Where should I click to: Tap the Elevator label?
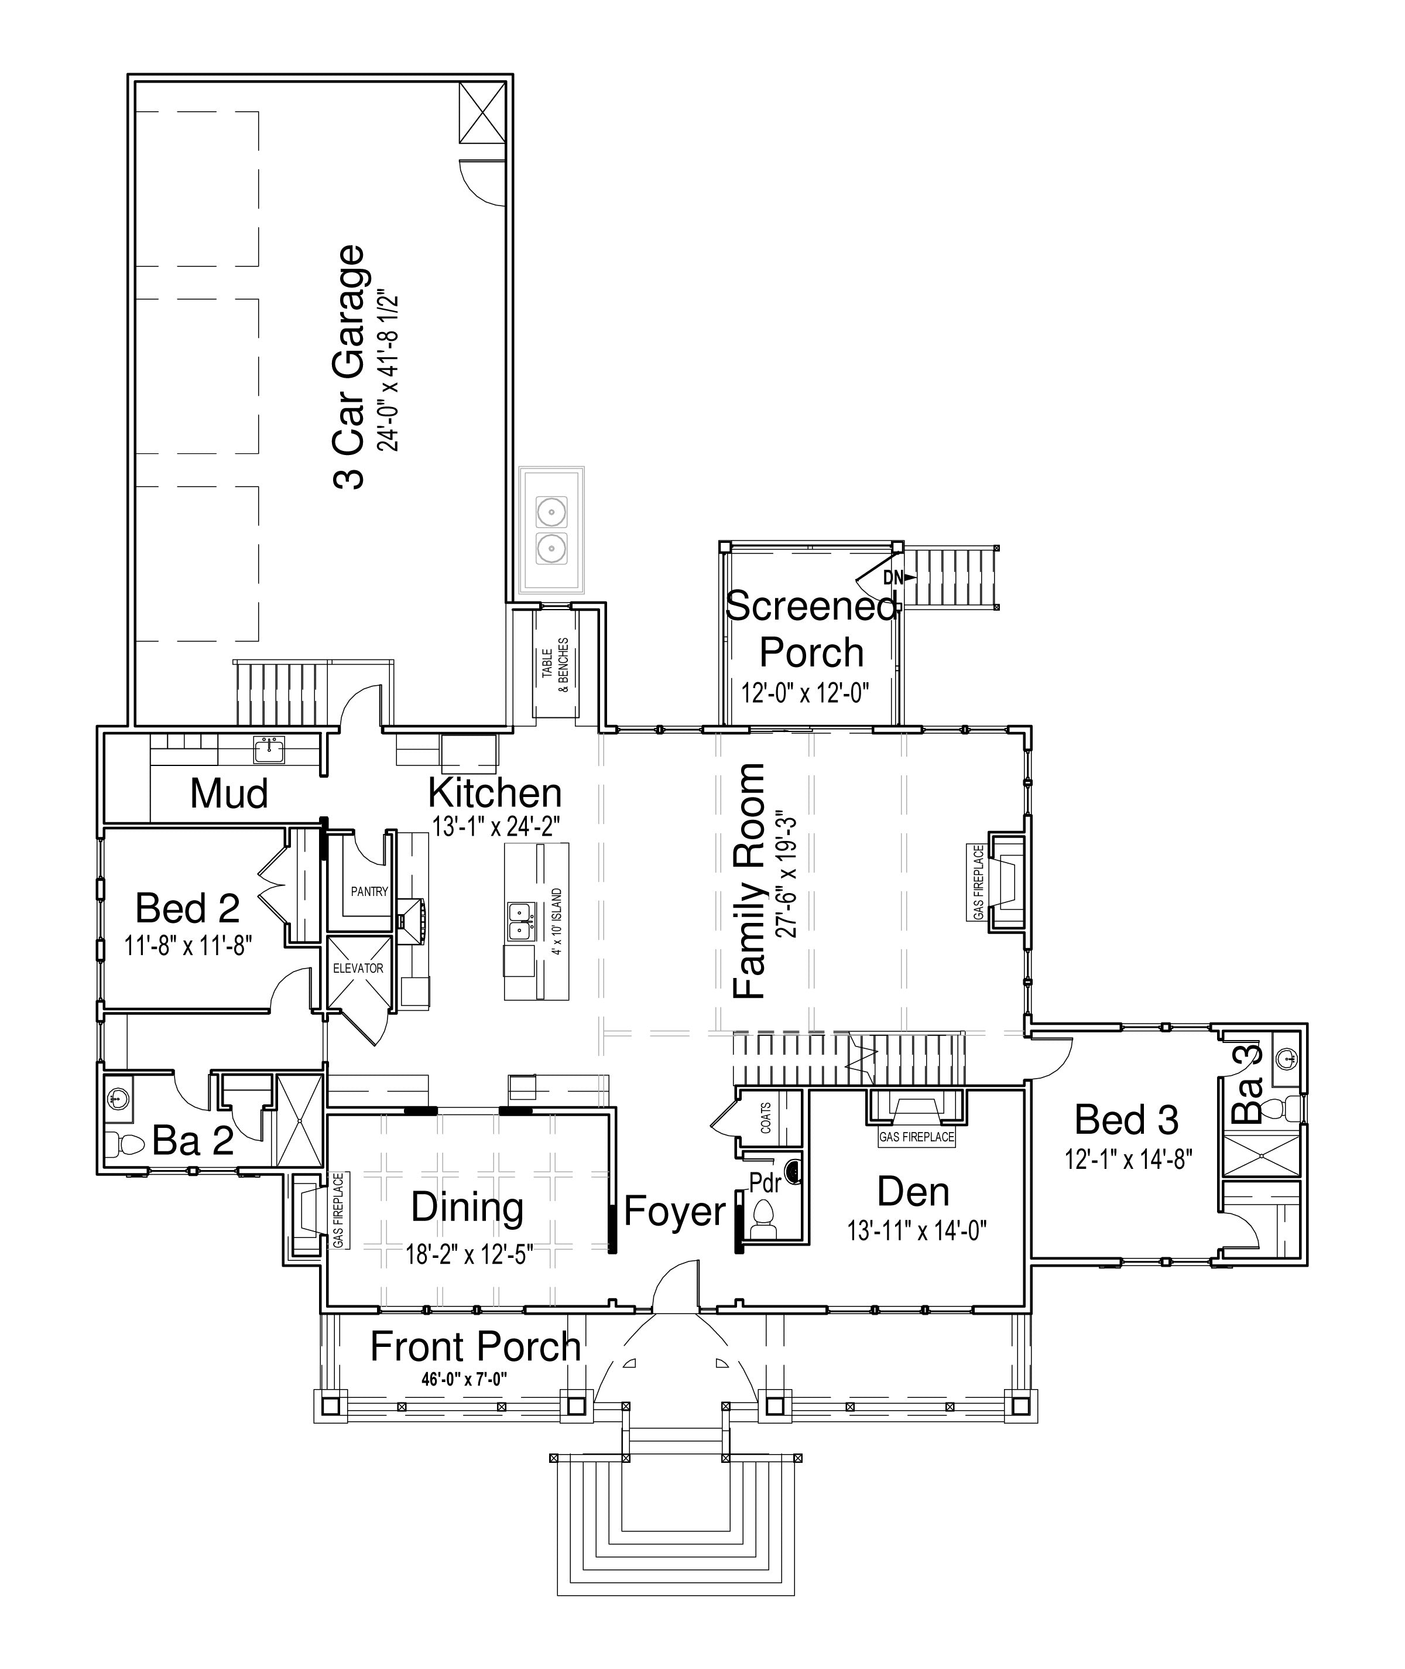(x=358, y=968)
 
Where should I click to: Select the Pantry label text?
(x=369, y=891)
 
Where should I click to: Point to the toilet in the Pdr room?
(x=763, y=1219)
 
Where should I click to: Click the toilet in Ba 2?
(x=124, y=1145)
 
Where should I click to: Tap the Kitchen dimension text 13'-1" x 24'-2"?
(x=496, y=826)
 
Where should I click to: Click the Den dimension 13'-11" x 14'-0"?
(x=917, y=1231)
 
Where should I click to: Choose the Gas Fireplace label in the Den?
(x=917, y=1137)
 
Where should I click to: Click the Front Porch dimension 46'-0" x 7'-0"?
(x=464, y=1379)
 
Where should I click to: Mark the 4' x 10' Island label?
(x=557, y=922)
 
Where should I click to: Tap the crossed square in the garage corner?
(x=482, y=112)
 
